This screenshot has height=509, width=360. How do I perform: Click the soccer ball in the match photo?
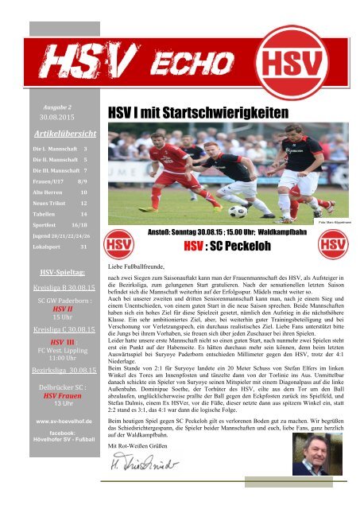pos(238,212)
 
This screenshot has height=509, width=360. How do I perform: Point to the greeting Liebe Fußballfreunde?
pos(142,262)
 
